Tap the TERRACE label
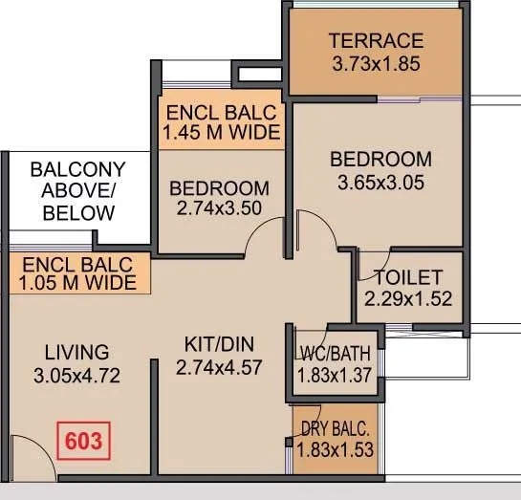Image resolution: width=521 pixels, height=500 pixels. [376, 41]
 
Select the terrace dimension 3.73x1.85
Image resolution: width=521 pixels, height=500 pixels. [376, 65]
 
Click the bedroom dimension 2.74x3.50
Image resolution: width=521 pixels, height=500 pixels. [219, 210]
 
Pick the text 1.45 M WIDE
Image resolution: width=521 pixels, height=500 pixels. [221, 132]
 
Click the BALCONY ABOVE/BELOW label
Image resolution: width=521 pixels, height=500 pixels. [76, 191]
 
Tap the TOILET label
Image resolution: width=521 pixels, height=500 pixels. [408, 277]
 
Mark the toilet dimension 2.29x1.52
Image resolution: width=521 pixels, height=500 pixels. [408, 298]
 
